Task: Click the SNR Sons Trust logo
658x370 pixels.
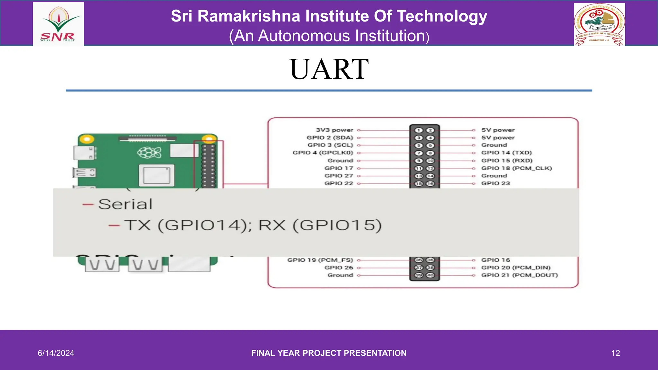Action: (x=58, y=24)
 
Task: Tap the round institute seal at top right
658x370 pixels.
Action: (x=599, y=24)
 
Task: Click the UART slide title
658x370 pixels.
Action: (x=329, y=69)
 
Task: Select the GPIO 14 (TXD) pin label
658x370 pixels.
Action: (x=506, y=153)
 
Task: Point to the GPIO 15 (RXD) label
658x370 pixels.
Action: (x=507, y=161)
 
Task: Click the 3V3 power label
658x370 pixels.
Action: (x=334, y=130)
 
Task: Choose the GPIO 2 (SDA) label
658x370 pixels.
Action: (x=330, y=138)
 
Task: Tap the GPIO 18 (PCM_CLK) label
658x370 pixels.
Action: (x=516, y=168)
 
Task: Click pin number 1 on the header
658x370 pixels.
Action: (x=419, y=130)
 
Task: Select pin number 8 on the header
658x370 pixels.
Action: (x=430, y=153)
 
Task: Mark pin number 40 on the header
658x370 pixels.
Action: (x=430, y=275)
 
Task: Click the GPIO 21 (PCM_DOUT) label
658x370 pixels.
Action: (x=519, y=275)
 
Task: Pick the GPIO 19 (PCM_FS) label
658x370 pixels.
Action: (x=320, y=260)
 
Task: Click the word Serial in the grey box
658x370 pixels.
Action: (x=125, y=204)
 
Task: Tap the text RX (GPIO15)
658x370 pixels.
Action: (x=320, y=225)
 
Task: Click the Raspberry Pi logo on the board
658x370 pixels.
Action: (x=149, y=152)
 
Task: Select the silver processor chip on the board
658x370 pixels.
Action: (x=156, y=175)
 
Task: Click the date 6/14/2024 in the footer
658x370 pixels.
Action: (x=56, y=353)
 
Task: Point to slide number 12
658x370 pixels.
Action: (x=615, y=353)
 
